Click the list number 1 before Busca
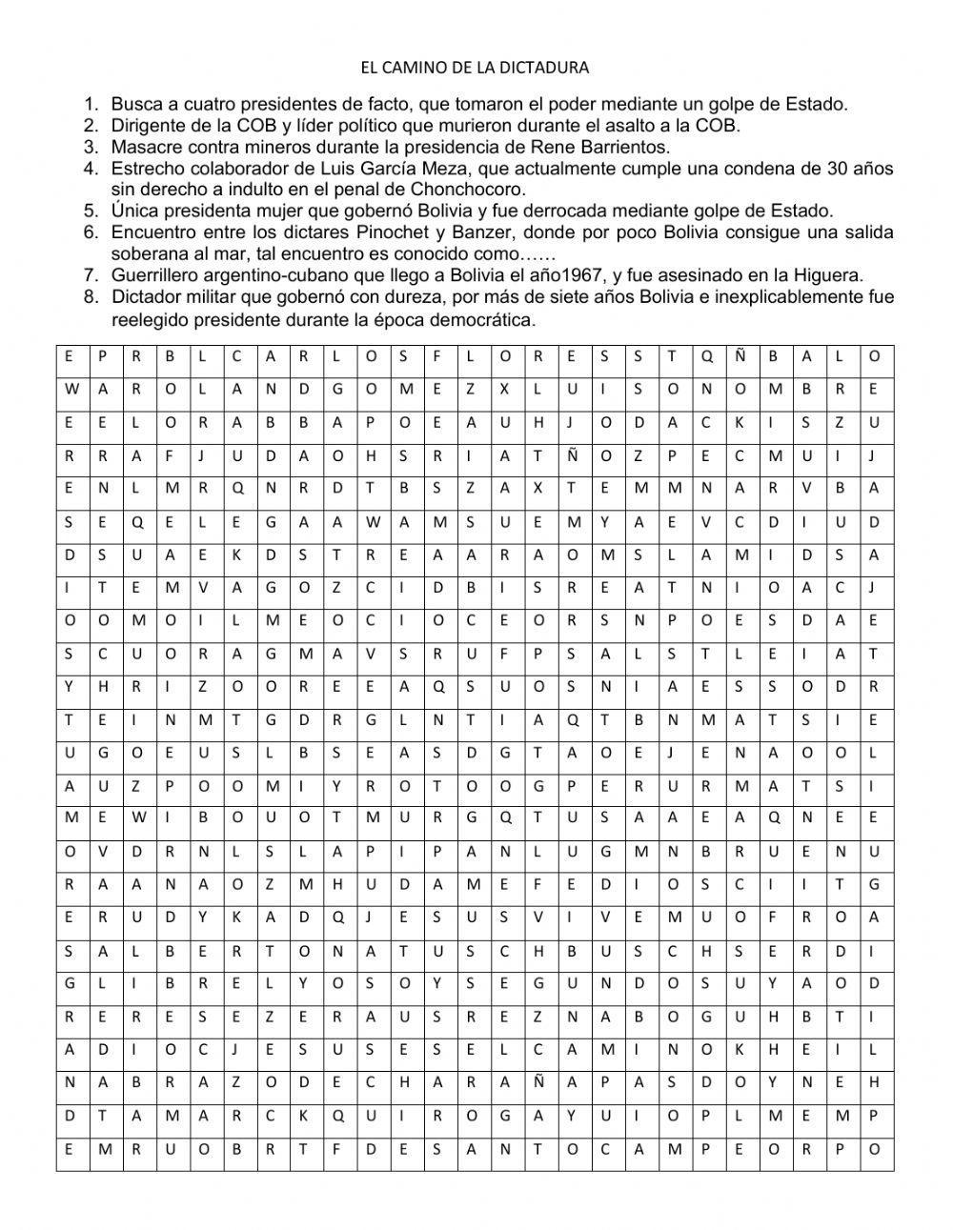click(91, 104)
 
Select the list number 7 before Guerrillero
click(91, 275)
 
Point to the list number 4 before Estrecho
click(91, 169)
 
